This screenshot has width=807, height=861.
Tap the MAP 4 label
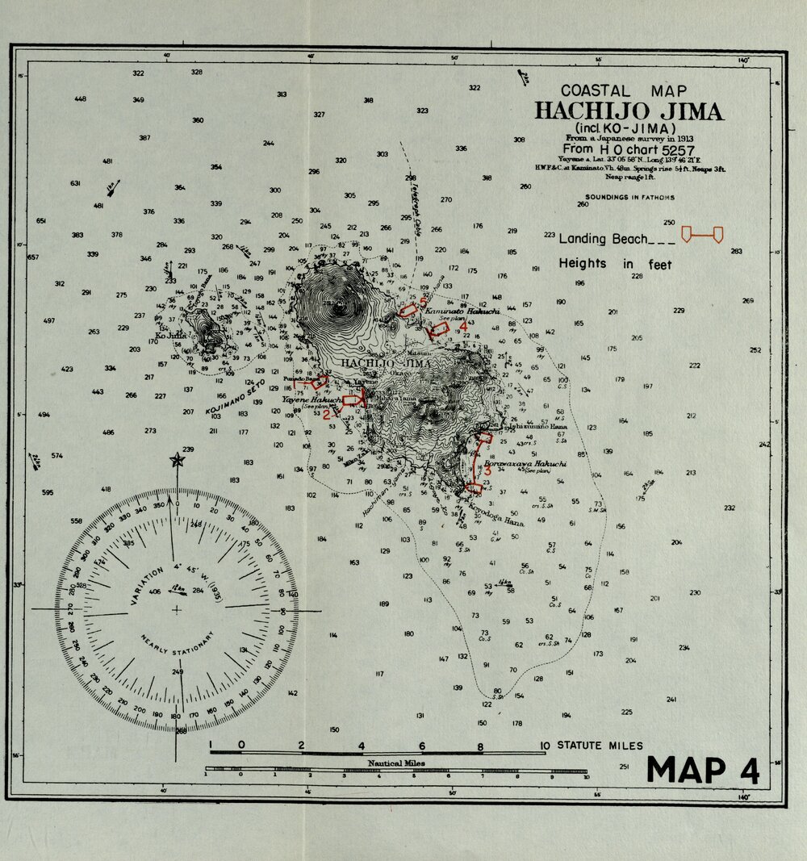pos(703,770)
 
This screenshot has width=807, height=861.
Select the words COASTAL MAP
pos(618,91)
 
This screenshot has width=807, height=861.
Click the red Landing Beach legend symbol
pos(702,235)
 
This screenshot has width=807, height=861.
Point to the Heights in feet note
pos(615,264)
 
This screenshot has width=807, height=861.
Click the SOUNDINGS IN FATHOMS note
pos(629,197)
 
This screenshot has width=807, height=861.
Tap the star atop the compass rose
pos(177,460)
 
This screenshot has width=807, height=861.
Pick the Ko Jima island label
pos(170,336)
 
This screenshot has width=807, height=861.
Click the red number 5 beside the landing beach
pos(422,302)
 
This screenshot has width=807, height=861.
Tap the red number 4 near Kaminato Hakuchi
pos(463,325)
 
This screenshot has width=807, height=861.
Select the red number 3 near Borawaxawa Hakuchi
pos(488,471)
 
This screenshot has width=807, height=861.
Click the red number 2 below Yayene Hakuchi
pos(326,415)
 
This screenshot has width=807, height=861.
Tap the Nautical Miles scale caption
pos(396,762)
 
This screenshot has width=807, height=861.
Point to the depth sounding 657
pos(32,257)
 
